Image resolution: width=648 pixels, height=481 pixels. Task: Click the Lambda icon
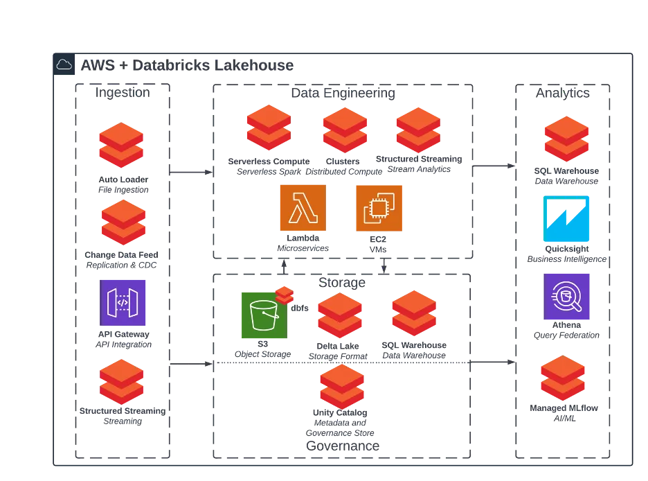(303, 208)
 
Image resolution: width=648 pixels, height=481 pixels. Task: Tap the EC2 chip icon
(379, 208)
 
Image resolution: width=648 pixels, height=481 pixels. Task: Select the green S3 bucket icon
(264, 315)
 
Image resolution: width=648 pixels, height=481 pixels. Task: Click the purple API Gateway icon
(123, 303)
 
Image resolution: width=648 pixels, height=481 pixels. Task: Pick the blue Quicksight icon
(566, 218)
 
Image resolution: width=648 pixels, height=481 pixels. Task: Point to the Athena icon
(566, 297)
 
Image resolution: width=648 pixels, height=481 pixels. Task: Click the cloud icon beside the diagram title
(64, 64)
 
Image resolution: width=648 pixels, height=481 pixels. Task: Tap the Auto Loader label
(123, 180)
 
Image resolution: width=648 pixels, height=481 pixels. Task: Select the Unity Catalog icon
(342, 386)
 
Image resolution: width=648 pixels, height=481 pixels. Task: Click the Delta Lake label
(338, 346)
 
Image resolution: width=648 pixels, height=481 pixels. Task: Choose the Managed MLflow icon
(563, 378)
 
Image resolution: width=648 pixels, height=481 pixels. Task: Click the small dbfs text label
(300, 308)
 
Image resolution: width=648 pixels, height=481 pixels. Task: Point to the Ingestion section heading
(123, 92)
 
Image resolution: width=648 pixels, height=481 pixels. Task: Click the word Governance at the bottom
(343, 446)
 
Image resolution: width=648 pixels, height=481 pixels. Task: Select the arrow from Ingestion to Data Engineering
(191, 172)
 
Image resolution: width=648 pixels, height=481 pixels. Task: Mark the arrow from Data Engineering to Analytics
(494, 166)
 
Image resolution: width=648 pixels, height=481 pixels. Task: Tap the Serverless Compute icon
(269, 128)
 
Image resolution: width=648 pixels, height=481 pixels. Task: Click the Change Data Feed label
(122, 255)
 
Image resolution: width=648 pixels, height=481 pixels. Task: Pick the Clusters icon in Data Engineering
(345, 130)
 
